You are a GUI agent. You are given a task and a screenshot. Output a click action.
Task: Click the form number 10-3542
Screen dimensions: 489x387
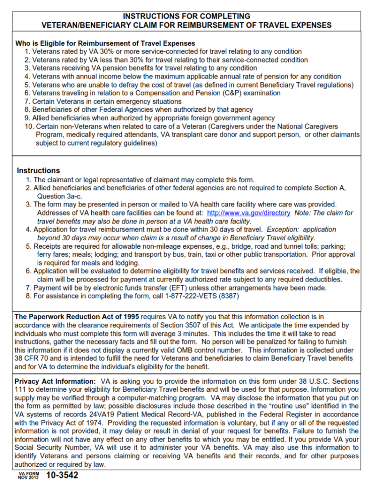point(62,475)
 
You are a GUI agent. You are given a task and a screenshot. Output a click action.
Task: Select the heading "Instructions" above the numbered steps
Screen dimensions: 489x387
point(38,171)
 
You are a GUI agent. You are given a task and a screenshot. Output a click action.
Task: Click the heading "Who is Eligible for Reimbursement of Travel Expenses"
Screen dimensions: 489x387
point(105,44)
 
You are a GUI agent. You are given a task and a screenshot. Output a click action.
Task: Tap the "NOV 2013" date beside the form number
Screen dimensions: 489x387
point(29,478)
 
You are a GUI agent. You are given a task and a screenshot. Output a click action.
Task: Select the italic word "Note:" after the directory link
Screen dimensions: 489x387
point(304,213)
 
